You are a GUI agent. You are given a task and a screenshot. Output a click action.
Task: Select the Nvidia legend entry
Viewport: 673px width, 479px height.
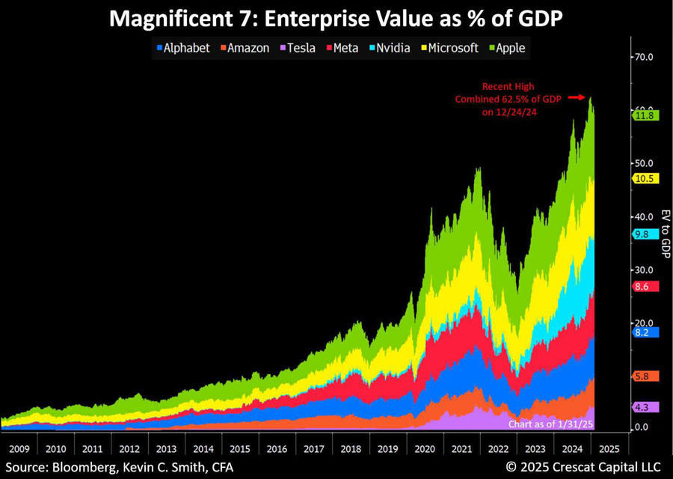point(388,48)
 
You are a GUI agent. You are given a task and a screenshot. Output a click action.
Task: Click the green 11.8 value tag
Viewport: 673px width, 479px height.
point(645,115)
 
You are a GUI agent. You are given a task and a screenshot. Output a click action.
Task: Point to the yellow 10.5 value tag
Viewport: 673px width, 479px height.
point(645,180)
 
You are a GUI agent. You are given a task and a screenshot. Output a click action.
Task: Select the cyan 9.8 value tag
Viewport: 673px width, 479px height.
point(645,234)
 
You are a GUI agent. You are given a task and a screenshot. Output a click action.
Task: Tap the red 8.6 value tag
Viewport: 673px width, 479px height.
point(645,286)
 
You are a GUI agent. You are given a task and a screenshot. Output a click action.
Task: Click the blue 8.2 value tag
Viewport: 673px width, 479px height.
point(645,332)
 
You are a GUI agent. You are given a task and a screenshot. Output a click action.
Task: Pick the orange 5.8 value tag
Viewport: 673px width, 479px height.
point(645,376)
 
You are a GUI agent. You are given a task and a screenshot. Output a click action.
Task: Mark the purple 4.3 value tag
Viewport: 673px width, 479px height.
point(645,407)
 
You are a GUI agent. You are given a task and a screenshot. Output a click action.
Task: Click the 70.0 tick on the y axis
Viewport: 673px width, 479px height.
point(644,57)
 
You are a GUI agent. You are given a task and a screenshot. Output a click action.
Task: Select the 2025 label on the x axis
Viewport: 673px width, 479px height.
point(609,449)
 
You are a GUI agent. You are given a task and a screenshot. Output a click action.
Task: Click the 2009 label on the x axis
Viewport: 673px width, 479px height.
point(18,449)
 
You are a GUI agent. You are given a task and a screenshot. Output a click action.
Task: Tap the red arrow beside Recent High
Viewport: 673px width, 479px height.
point(576,97)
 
